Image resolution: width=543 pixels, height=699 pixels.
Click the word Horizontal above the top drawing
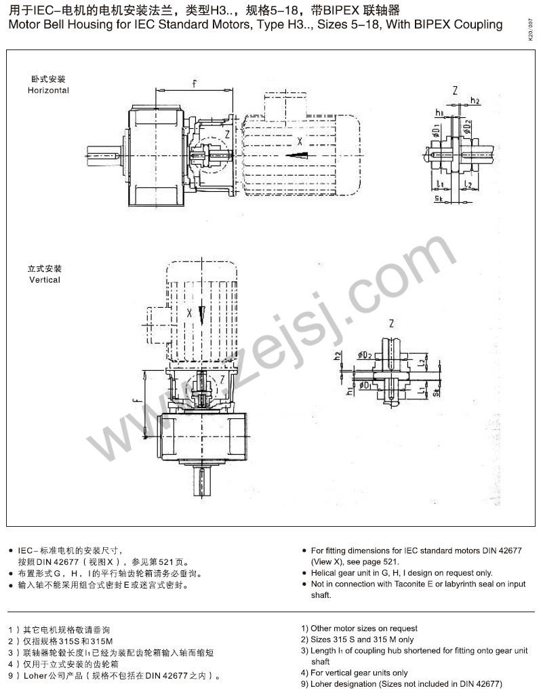point(48,90)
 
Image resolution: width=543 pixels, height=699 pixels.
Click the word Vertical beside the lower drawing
point(45,279)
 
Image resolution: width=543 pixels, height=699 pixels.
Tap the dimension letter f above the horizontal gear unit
point(194,84)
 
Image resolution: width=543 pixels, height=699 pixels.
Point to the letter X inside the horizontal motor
point(299,142)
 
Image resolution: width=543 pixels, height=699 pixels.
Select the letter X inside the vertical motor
point(190,313)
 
